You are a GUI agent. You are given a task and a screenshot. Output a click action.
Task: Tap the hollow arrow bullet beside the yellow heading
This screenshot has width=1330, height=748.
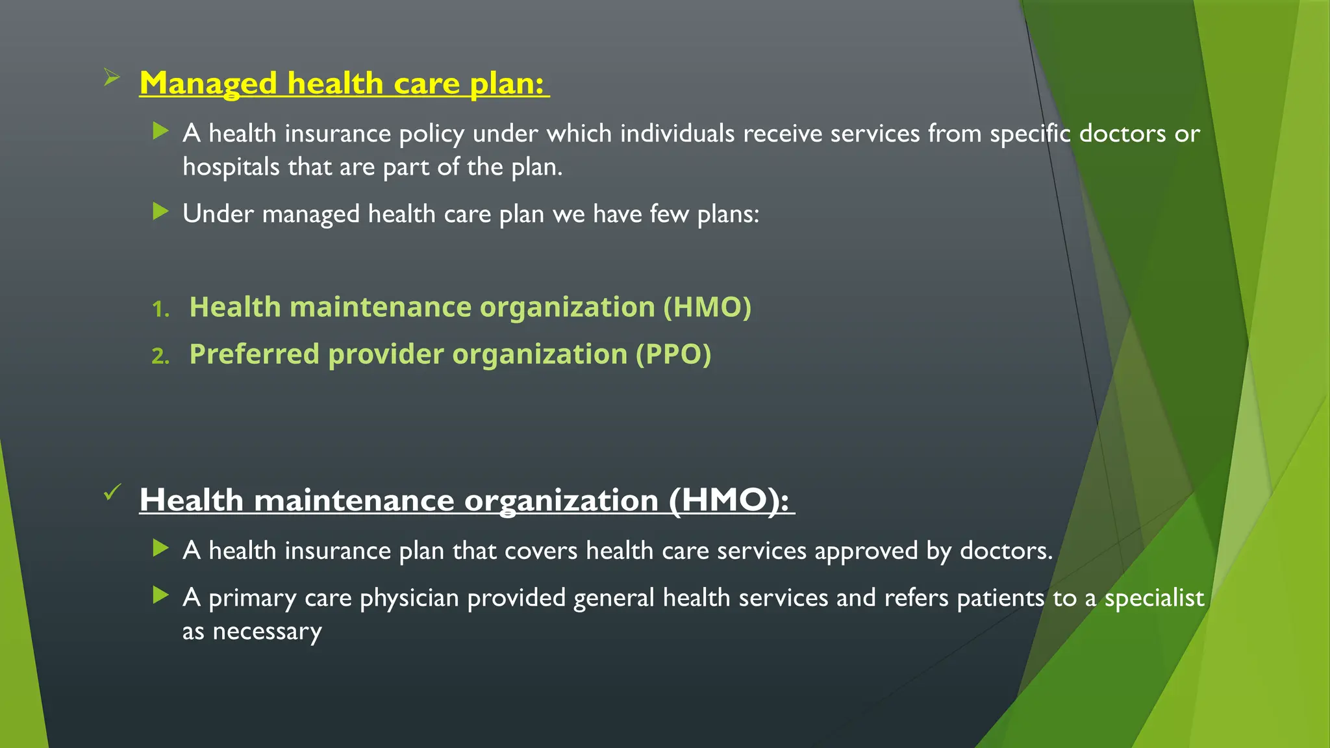tap(112, 79)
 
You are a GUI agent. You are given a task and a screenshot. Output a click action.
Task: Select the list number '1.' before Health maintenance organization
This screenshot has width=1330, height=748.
tap(160, 309)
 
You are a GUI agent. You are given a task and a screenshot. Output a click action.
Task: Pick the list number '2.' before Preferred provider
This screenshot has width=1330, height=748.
tap(160, 356)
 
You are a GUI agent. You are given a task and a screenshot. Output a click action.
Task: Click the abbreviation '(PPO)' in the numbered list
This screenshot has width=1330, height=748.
tap(673, 355)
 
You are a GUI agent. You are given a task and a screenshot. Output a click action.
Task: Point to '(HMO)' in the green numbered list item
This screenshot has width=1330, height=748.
tap(707, 307)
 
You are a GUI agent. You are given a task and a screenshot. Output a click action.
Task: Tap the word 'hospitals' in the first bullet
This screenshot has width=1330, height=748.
tap(231, 167)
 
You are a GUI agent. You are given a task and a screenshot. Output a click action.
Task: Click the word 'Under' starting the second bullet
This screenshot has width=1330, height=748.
tap(218, 214)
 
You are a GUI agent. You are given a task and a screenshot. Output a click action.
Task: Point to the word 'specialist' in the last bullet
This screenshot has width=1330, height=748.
tap(1154, 598)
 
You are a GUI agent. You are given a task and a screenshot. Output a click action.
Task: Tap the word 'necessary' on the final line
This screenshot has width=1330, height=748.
tap(267, 632)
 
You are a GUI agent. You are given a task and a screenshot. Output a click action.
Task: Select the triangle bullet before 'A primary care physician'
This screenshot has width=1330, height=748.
tap(160, 595)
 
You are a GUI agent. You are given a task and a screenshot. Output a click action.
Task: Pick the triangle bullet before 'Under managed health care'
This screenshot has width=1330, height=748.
tap(160, 211)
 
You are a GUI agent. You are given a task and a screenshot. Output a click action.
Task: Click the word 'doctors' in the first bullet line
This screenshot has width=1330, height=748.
tap(1122, 134)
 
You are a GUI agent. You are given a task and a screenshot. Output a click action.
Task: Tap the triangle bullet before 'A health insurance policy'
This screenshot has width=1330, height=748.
tap(160, 131)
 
